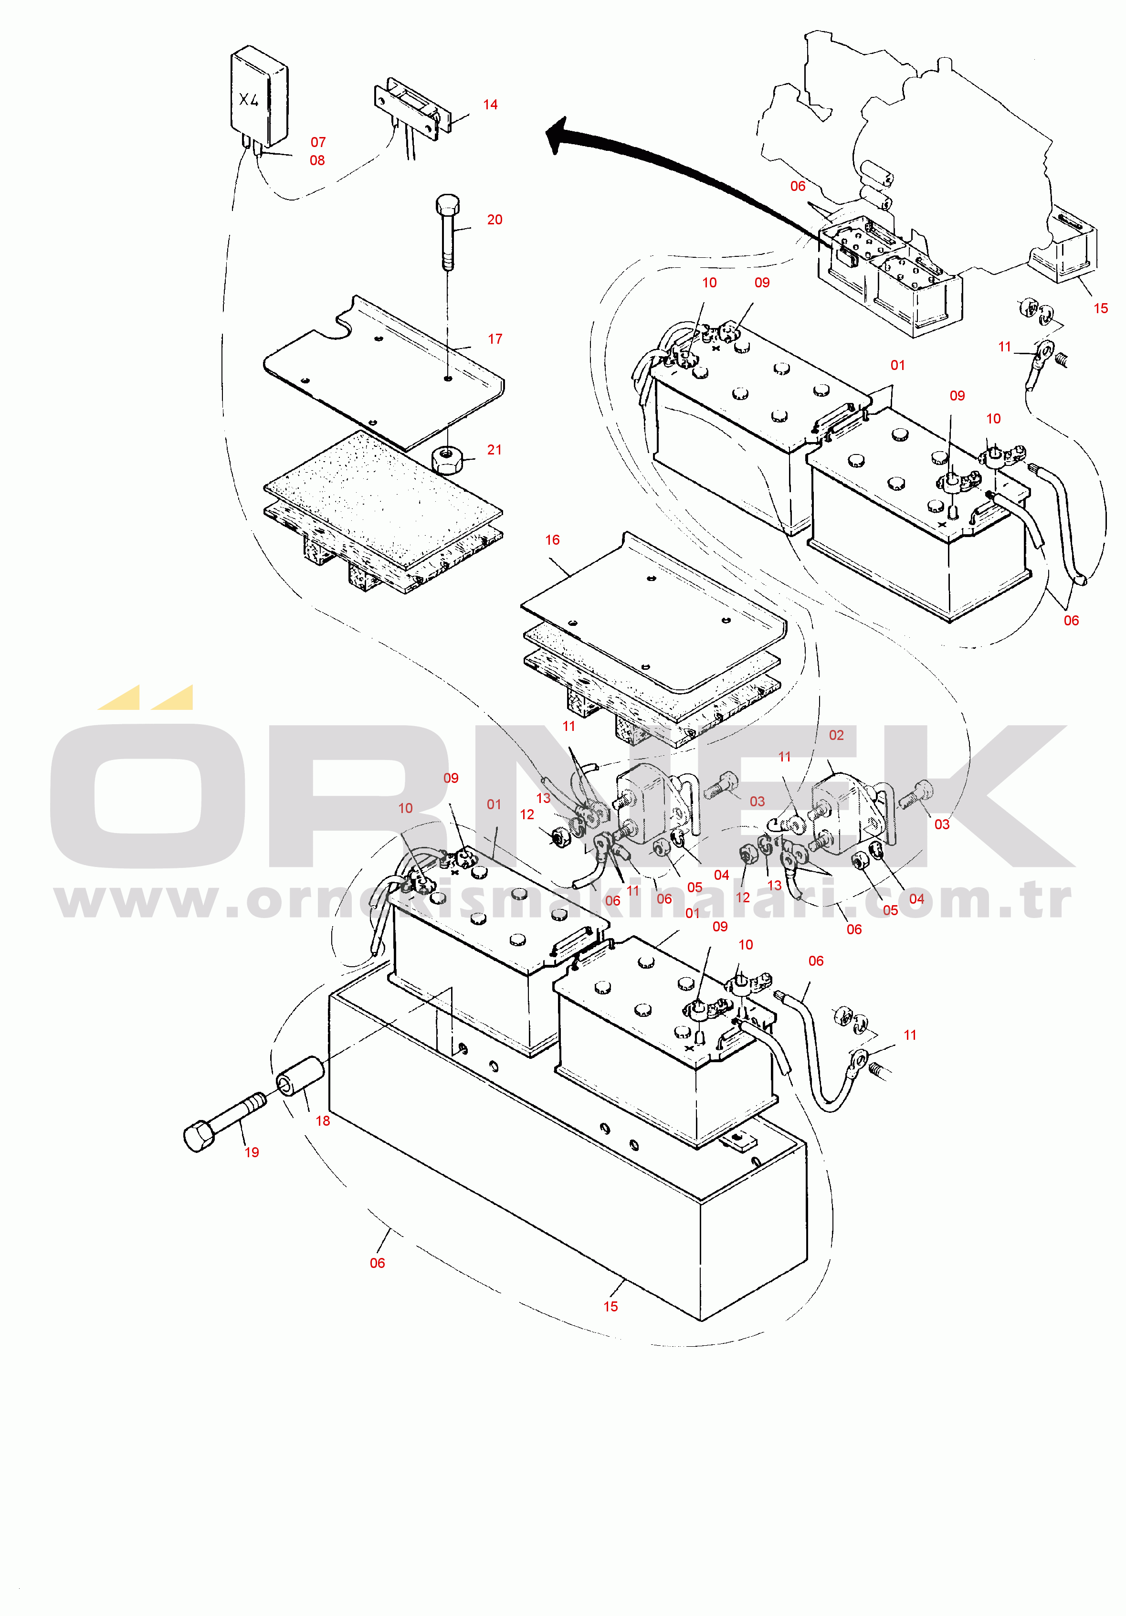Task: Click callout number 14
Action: click(491, 105)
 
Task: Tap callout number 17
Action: click(495, 339)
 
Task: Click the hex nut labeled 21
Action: click(445, 460)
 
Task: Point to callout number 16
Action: click(552, 540)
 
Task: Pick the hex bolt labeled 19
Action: click(224, 1120)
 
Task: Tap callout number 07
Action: click(318, 142)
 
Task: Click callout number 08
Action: click(317, 160)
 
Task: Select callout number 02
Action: click(836, 736)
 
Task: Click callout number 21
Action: click(495, 450)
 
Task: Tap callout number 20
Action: click(495, 220)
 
